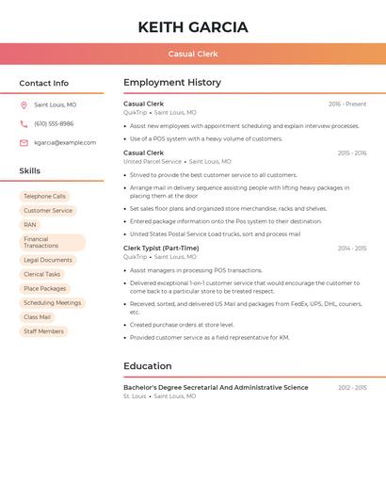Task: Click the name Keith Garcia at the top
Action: [x=193, y=27]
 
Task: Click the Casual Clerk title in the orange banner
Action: [x=193, y=54]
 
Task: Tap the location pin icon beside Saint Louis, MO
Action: [x=24, y=105]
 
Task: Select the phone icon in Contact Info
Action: [x=24, y=123]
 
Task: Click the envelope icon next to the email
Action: [x=24, y=143]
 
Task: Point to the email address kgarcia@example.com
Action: [x=65, y=143]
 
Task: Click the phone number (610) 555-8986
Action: [x=54, y=123]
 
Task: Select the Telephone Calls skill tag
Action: [x=44, y=197]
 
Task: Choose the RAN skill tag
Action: [x=30, y=225]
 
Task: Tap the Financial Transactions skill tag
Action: [x=52, y=242]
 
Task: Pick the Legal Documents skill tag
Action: [x=48, y=260]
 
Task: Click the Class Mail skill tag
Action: [x=38, y=317]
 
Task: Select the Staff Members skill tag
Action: [x=43, y=331]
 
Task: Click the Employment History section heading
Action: [x=172, y=83]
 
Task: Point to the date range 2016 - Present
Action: [x=347, y=104]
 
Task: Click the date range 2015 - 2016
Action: [x=351, y=153]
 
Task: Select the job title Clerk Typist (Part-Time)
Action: [x=161, y=249]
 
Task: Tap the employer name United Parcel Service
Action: [x=153, y=161]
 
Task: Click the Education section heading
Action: [x=148, y=366]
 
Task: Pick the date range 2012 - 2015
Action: [x=351, y=387]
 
